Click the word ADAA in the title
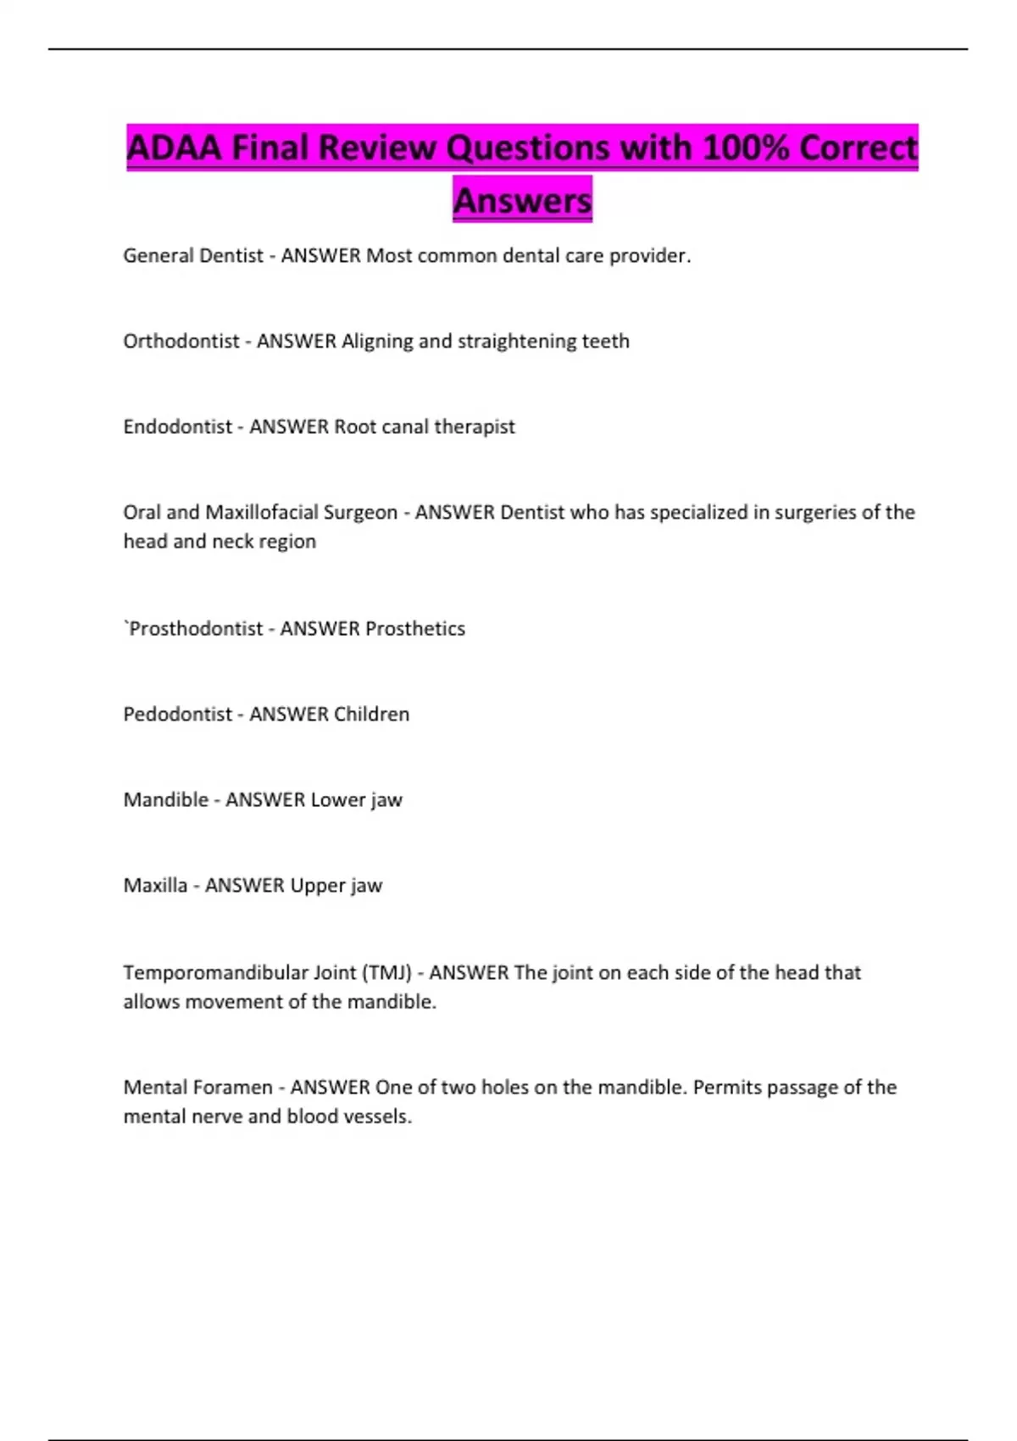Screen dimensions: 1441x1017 [x=174, y=148]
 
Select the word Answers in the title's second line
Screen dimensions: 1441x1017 [x=522, y=201]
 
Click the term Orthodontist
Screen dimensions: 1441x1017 [x=181, y=342]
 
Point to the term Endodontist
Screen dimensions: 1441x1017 [x=177, y=427]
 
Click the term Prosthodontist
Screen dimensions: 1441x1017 [x=196, y=629]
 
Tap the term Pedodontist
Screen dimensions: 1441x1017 [x=177, y=715]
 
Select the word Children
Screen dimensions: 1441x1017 [x=371, y=715]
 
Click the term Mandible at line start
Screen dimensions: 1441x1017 [x=165, y=800]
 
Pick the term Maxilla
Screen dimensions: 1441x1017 [x=155, y=886]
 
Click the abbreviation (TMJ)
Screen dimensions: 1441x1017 [x=386, y=973]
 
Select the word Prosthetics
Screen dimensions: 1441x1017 [x=415, y=629]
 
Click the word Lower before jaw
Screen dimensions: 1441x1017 [x=337, y=800]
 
